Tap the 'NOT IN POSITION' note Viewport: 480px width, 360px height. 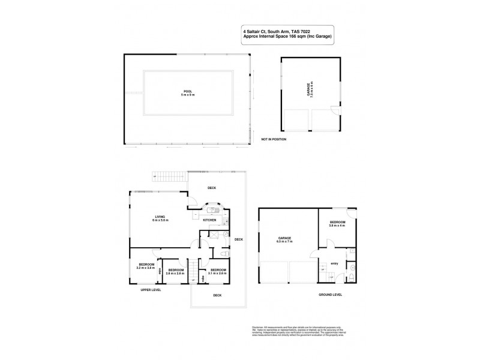coord(274,139)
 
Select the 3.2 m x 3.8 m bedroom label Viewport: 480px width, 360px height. coord(146,266)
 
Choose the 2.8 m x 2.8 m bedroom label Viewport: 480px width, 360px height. coord(176,272)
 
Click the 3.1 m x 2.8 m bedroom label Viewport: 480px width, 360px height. coord(218,272)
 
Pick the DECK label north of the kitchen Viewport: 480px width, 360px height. coord(212,188)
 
